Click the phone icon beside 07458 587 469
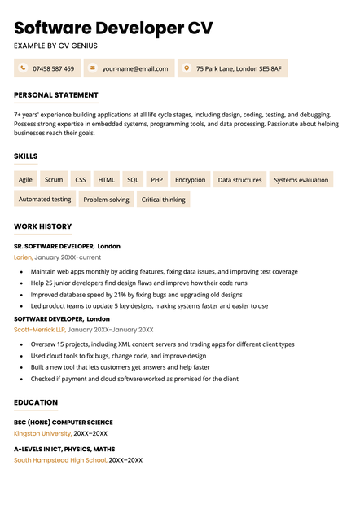pos(24,68)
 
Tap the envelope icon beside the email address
pos(93,68)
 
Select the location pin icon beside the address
pos(187,68)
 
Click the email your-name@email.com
pos(134,69)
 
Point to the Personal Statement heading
pos(56,95)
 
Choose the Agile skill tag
pos(26,180)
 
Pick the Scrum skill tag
pos(54,180)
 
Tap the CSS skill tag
pos(81,180)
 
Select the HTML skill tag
pos(107,180)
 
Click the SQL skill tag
pos(133,180)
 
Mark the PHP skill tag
pos(157,180)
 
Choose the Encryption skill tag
pos(191,180)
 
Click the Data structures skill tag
pos(239,180)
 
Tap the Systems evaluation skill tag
pos(301,180)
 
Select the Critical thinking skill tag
pos(163,199)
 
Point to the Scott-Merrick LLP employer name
pos(39,330)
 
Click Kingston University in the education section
pos(43,434)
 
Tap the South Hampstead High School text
pos(60,460)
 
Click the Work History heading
pos(43,226)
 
